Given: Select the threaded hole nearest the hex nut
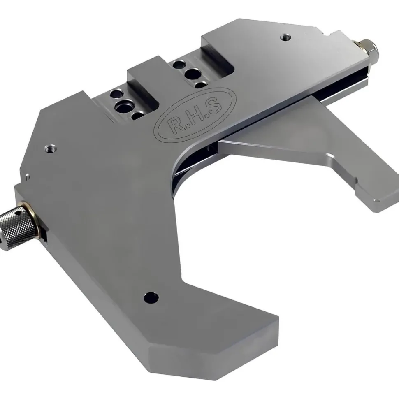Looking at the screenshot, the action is [x=285, y=37].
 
